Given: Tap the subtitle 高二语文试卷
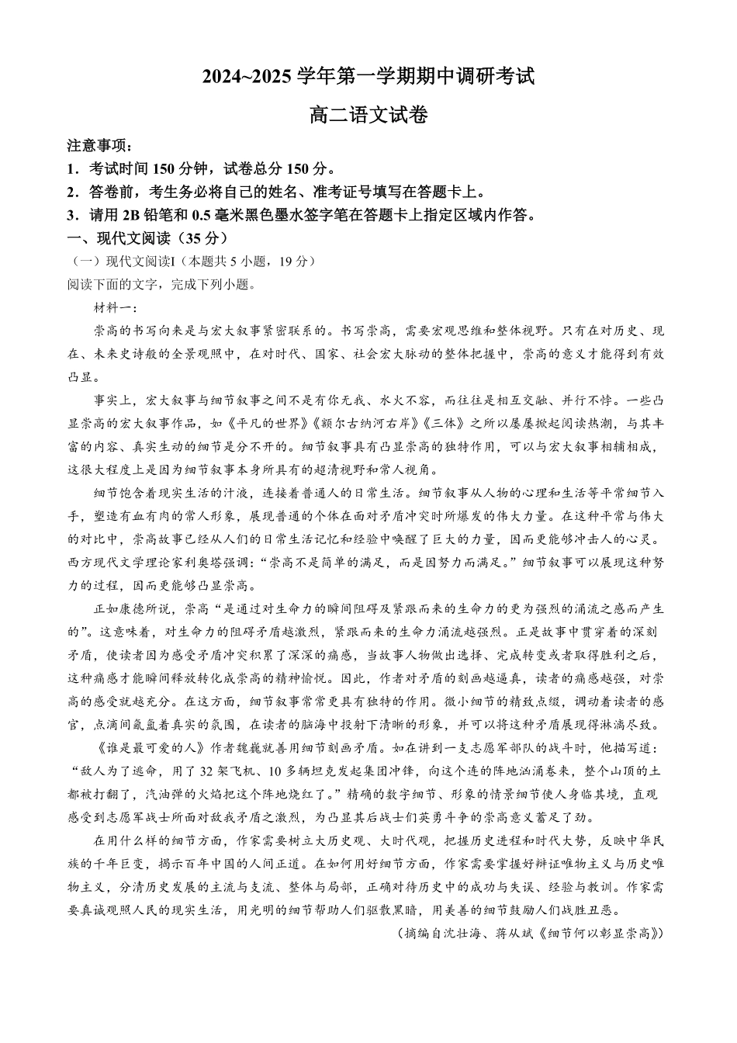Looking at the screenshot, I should pyautogui.click(x=368, y=116).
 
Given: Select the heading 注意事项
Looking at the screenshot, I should pyautogui.click(x=98, y=147).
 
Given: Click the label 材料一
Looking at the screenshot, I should pyautogui.click(x=113, y=307).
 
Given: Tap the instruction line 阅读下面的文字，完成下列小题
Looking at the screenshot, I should pyautogui.click(x=161, y=284).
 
